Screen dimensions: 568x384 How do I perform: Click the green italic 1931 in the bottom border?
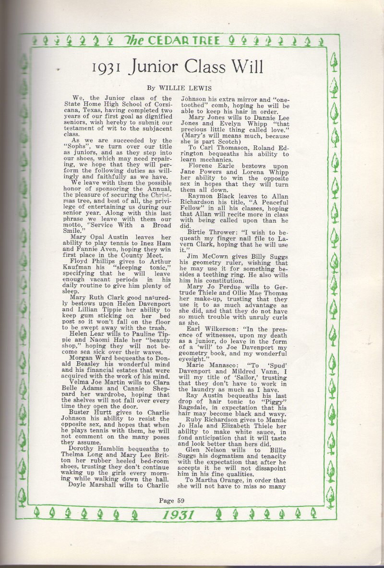(178, 515)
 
